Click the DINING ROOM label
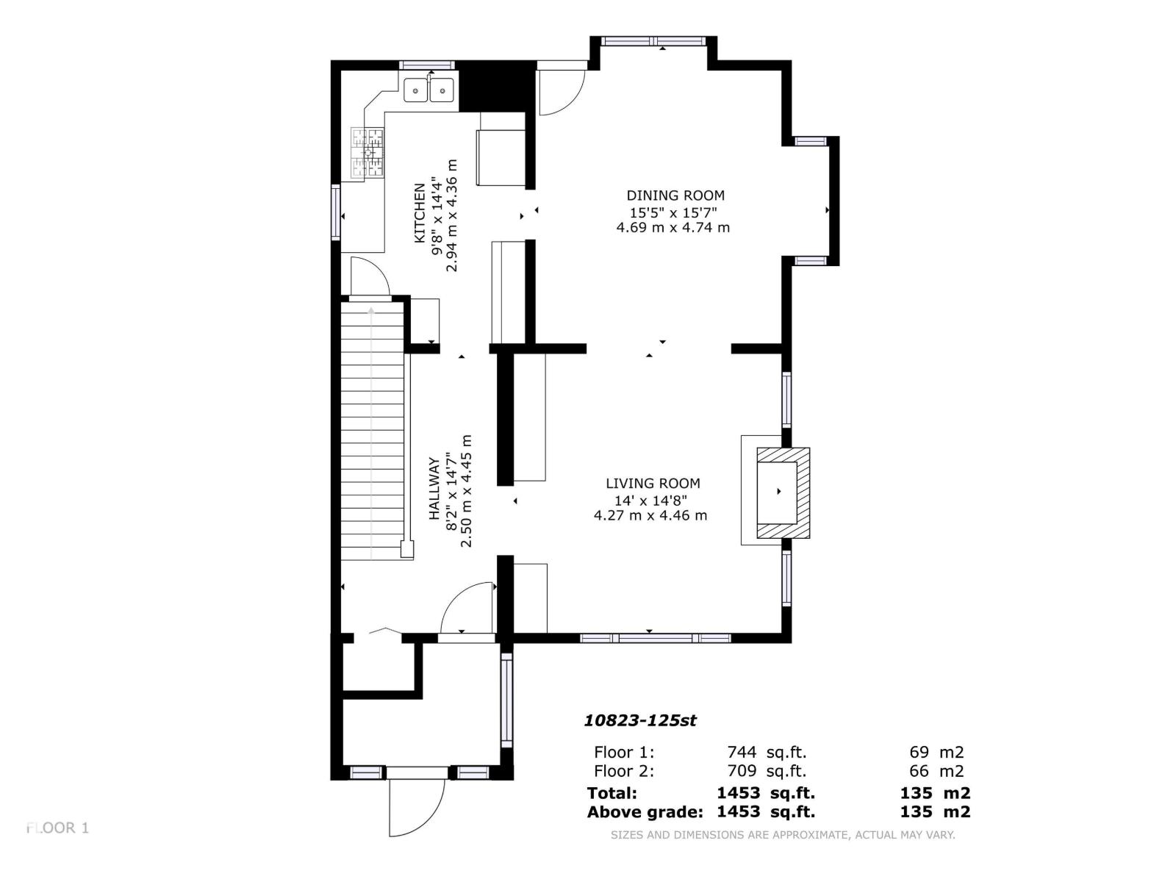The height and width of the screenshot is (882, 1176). pyautogui.click(x=675, y=196)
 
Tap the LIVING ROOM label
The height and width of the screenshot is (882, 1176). pyautogui.click(x=653, y=484)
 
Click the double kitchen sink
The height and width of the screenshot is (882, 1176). pyautogui.click(x=429, y=90)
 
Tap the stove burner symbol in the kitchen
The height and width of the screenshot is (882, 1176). pyautogui.click(x=367, y=153)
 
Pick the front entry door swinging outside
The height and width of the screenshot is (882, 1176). pyautogui.click(x=417, y=807)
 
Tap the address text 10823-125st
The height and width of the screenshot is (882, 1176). pyautogui.click(x=639, y=720)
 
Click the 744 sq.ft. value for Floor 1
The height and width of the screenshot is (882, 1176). pyautogui.click(x=766, y=752)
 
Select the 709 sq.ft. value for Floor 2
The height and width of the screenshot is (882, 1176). pyautogui.click(x=766, y=771)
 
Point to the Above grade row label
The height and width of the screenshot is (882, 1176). pyautogui.click(x=645, y=812)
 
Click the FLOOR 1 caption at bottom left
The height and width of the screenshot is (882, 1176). pyautogui.click(x=57, y=828)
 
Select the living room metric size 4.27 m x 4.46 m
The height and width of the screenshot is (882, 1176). pyautogui.click(x=650, y=515)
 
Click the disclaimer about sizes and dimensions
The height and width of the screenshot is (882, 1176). pyautogui.click(x=783, y=835)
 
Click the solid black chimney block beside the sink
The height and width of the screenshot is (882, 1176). pyautogui.click(x=495, y=85)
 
